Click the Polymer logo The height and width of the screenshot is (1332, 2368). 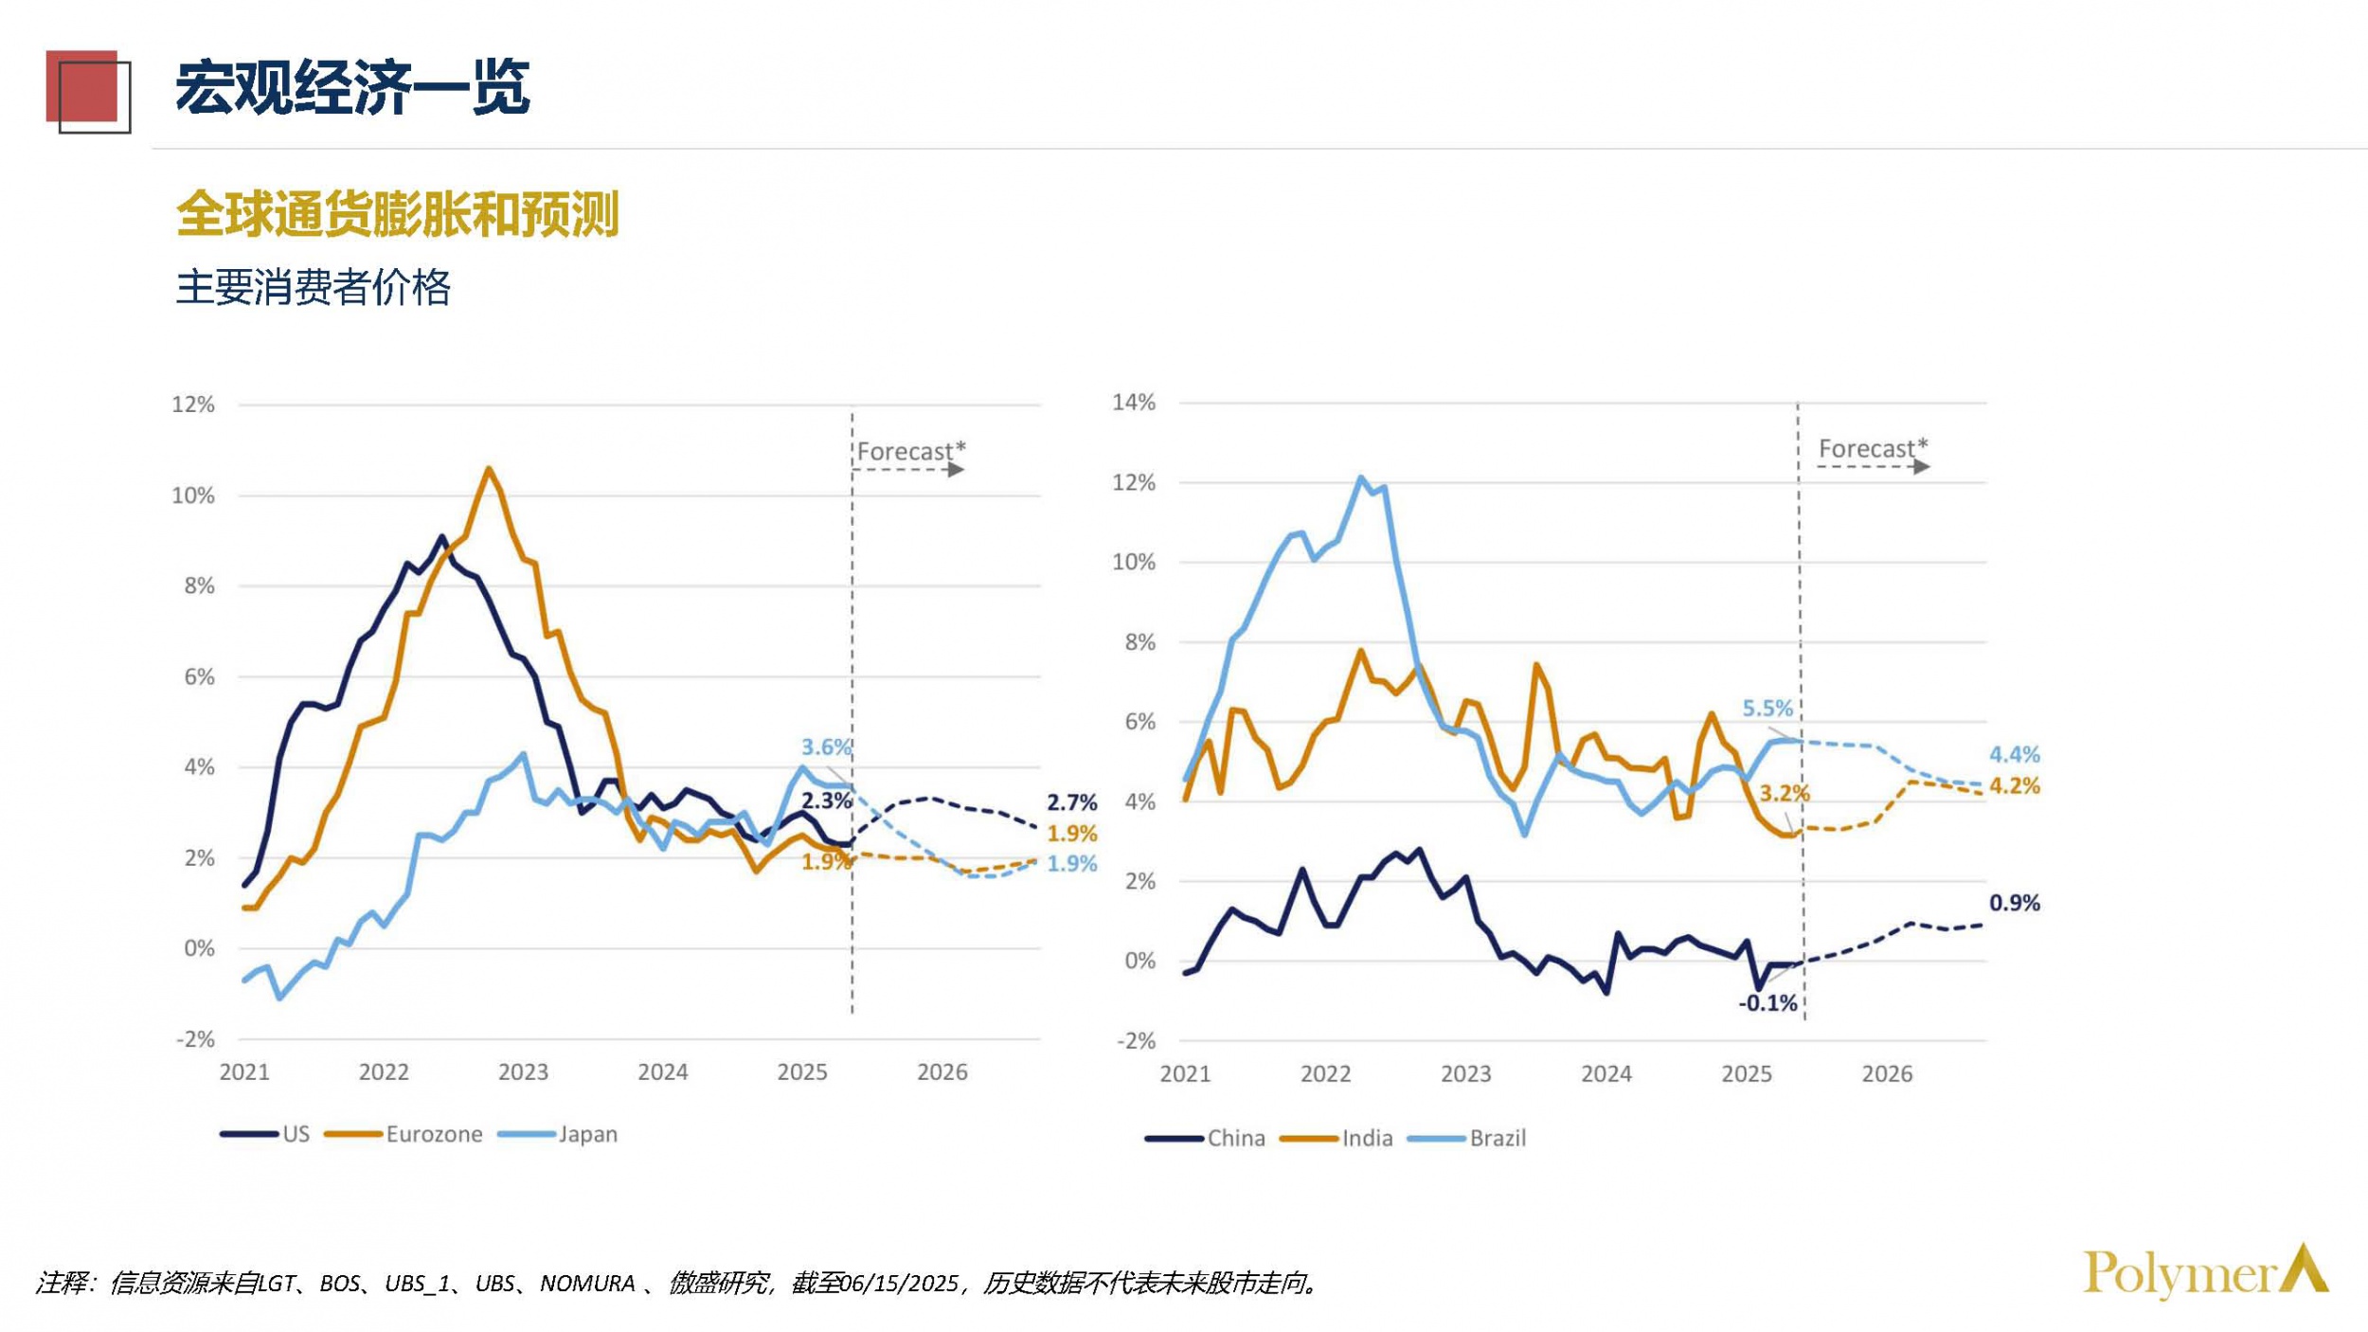[x=2204, y=1272]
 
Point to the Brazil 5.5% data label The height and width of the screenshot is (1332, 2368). [x=1767, y=708]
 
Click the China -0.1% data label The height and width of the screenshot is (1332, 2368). [x=1767, y=1003]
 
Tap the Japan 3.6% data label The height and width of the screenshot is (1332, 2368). [x=826, y=747]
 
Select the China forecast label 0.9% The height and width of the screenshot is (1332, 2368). [x=2014, y=903]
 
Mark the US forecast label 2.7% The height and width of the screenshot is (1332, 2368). [x=1071, y=802]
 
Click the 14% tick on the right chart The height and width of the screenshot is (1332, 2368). [x=1134, y=403]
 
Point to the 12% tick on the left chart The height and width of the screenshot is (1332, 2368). [x=193, y=405]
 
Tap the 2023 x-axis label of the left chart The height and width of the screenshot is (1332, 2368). [x=523, y=1071]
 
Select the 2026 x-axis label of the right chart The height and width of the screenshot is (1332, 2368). [x=1887, y=1073]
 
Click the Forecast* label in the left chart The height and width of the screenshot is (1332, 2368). [x=910, y=451]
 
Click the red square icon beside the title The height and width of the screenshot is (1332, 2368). [x=85, y=90]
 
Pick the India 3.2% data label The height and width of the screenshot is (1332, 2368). [x=1785, y=793]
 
